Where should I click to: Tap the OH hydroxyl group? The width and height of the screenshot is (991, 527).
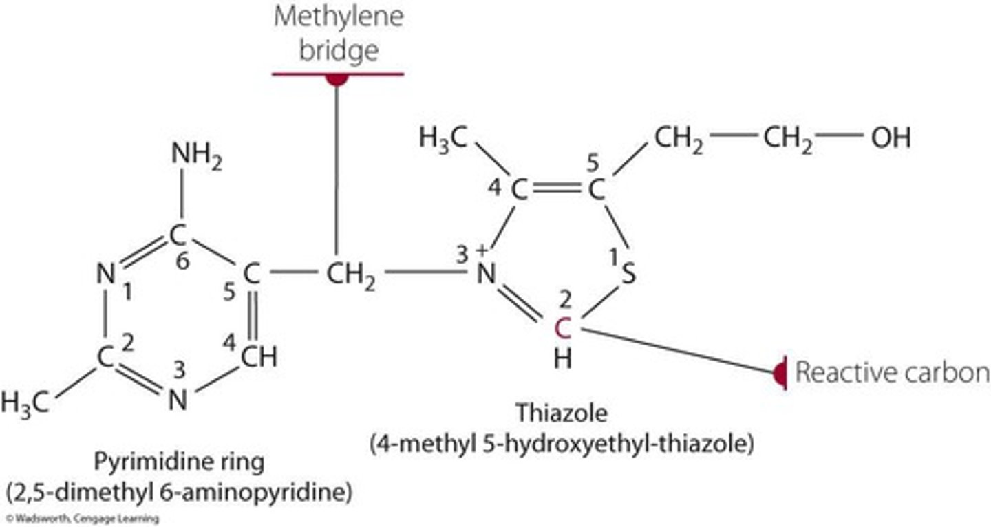[891, 138]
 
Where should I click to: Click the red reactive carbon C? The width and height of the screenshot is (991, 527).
[563, 330]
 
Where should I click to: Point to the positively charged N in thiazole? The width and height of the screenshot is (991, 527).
[486, 275]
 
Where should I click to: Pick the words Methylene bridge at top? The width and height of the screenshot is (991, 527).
[337, 34]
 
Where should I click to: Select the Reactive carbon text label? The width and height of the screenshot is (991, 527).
[892, 372]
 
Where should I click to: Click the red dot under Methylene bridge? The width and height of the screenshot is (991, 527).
[337, 78]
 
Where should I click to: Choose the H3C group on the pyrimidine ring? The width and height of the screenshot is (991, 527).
[25, 402]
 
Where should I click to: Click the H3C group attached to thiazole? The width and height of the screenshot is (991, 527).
[443, 138]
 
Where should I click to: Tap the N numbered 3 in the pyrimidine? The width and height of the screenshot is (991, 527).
[178, 400]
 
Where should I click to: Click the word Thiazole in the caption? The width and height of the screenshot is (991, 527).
[562, 413]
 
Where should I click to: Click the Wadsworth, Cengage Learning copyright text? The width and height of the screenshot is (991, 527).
[81, 519]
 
